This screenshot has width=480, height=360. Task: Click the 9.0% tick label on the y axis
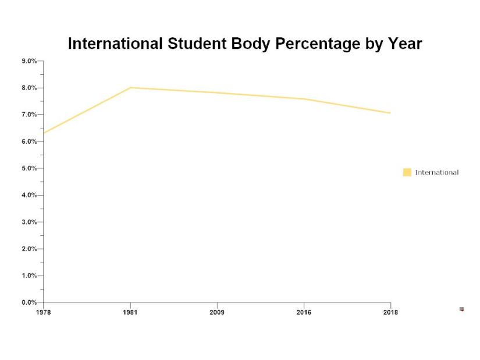[x=29, y=61]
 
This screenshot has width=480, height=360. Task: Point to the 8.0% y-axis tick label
[x=29, y=88]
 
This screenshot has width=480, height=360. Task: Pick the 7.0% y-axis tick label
[x=29, y=115]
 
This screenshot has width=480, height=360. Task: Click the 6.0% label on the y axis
[x=29, y=141]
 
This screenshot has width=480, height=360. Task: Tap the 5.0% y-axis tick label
[x=29, y=168]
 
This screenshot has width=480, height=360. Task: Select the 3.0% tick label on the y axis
[x=29, y=222]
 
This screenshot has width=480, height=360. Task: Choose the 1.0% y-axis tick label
[x=29, y=276]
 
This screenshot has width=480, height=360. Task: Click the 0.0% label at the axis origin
[x=29, y=302]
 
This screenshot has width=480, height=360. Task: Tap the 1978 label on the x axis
[x=43, y=312]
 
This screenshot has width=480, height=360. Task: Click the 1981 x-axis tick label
[x=130, y=312]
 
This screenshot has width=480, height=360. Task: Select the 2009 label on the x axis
[x=216, y=312]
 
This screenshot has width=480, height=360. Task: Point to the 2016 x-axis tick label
[x=304, y=312]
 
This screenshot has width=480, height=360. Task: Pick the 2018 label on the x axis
[x=390, y=312]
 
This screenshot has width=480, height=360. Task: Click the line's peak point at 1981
[x=130, y=88]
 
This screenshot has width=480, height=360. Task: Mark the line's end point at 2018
[x=390, y=113]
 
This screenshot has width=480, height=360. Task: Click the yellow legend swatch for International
[x=407, y=172]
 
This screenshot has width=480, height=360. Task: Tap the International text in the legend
[x=436, y=172]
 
